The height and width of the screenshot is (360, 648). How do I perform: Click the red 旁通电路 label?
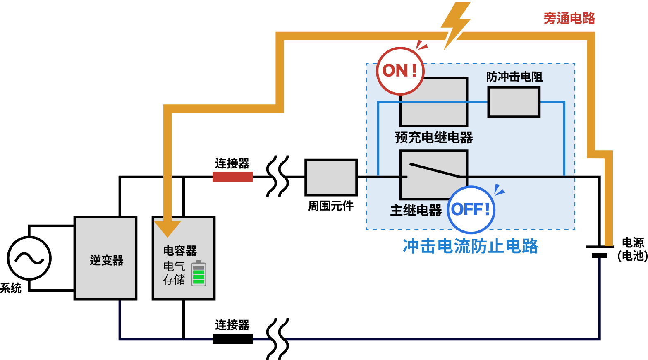[x=569, y=18]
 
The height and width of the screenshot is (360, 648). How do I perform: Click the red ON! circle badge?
[x=400, y=71]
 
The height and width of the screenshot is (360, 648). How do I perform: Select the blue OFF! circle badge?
[x=471, y=209]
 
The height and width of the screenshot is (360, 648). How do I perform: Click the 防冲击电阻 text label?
[x=514, y=77]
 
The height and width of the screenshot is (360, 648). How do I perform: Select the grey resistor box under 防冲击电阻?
[x=514, y=102]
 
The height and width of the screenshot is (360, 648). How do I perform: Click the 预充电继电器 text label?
[x=433, y=137]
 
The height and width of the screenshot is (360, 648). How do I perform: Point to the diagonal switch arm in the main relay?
[x=434, y=170]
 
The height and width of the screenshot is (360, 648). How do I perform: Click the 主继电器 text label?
[x=416, y=210]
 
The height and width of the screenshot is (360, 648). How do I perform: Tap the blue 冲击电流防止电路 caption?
[x=470, y=246]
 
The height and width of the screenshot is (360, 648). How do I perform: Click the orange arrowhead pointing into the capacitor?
[x=167, y=228]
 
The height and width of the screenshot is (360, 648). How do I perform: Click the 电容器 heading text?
[x=180, y=250]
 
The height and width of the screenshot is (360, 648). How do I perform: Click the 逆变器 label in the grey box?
[x=106, y=260]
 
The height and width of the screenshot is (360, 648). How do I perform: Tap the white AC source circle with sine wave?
[x=29, y=258]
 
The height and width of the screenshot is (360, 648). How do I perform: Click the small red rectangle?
[x=232, y=177]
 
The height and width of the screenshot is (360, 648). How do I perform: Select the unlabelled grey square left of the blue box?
[x=331, y=178]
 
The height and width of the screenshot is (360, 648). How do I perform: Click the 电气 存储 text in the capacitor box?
[x=174, y=273]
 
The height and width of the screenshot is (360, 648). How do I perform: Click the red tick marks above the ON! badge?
[x=421, y=45]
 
